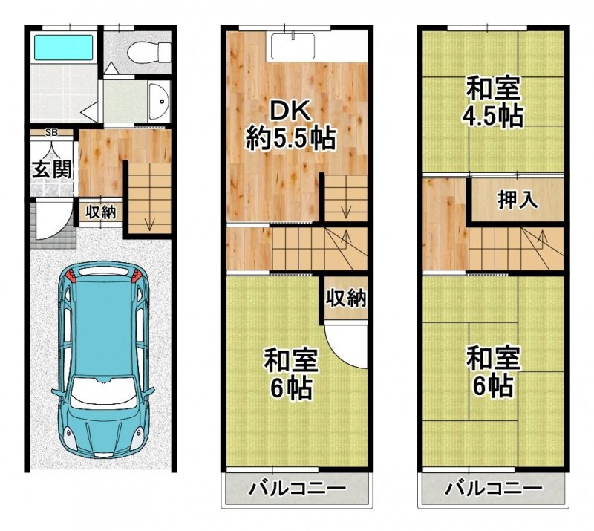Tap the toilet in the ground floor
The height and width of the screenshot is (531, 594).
[x=140, y=52]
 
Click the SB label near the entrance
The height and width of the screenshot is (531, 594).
[x=51, y=133]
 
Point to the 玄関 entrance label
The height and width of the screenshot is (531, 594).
[x=52, y=169]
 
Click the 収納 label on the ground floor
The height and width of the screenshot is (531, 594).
[x=100, y=212]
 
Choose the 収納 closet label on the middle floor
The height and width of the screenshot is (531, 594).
[x=346, y=299]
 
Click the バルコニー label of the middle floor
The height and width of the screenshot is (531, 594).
[x=297, y=489]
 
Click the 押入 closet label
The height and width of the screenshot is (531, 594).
[x=518, y=200]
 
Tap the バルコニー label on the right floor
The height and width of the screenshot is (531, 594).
[x=493, y=489]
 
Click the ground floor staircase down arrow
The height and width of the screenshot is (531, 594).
[x=149, y=221]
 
